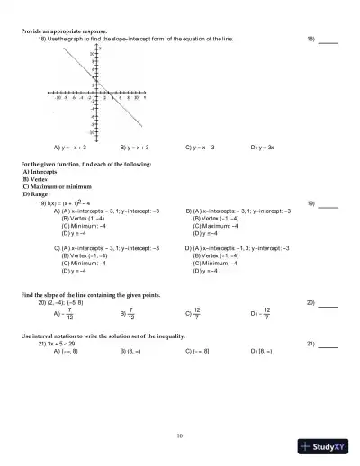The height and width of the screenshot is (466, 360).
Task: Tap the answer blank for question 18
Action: click(x=328, y=41)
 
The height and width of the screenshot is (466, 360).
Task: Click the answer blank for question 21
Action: click(x=328, y=345)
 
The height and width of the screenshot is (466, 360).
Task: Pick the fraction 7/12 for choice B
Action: click(x=130, y=314)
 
